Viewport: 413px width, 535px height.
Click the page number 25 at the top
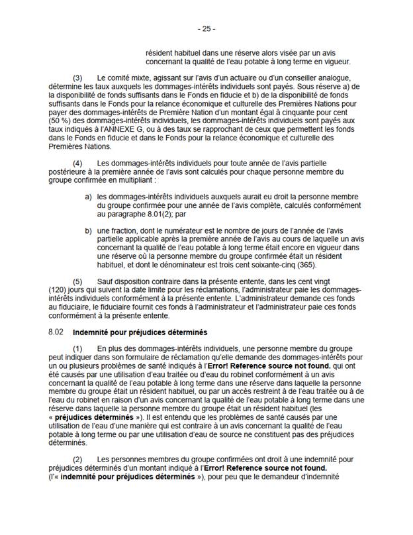206,29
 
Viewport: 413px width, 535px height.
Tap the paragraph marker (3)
77,79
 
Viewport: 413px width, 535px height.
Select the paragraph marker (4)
77,163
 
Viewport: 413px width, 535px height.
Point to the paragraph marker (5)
77,281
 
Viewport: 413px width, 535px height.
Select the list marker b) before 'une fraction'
88,229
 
